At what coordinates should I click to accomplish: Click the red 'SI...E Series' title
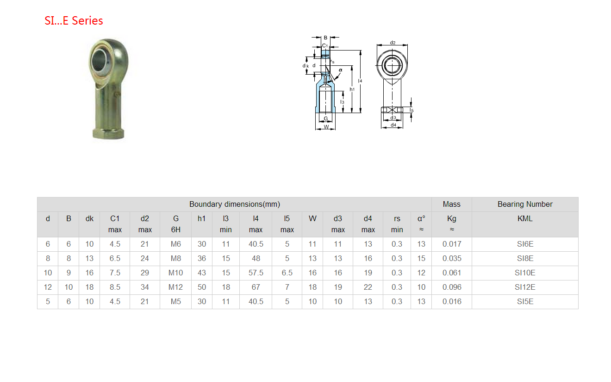point(74,21)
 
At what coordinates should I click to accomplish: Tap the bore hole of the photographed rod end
point(99,60)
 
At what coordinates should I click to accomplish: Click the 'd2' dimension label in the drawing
point(393,43)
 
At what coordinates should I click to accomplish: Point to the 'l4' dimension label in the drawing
point(360,81)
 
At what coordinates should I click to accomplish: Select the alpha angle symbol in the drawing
point(340,70)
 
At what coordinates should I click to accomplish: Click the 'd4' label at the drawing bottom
point(393,125)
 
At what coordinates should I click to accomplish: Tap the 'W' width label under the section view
point(326,127)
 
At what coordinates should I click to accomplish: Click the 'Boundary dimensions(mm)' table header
point(235,204)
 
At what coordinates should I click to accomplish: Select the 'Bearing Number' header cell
point(525,204)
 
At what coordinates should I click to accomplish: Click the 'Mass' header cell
point(451,204)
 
